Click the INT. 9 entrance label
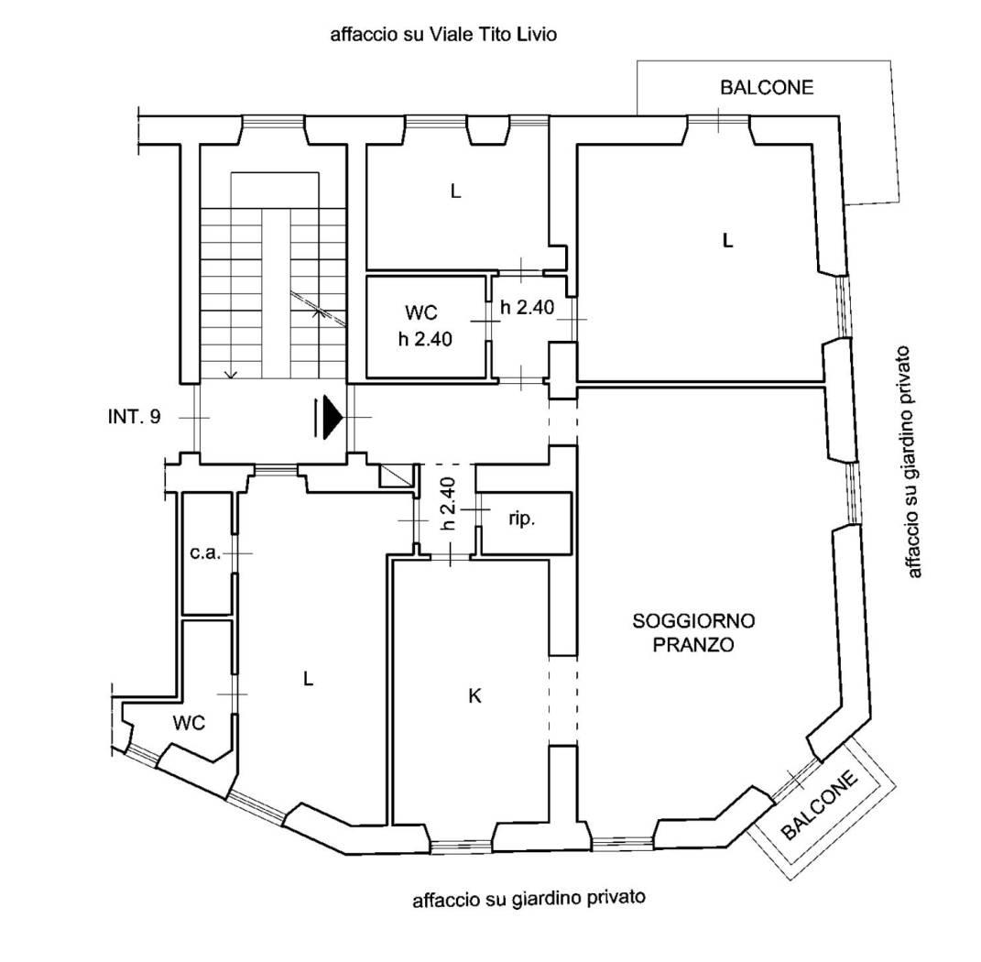[x=134, y=417]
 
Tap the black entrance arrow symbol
[x=330, y=418]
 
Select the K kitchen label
[x=474, y=696]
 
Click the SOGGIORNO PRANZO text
[x=694, y=632]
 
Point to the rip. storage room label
[x=521, y=519]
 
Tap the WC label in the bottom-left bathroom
[x=189, y=723]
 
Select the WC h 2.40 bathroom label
[x=427, y=326]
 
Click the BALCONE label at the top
[x=767, y=88]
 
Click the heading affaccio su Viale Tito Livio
[x=444, y=36]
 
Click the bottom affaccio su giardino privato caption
[x=529, y=898]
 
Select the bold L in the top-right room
[x=727, y=241]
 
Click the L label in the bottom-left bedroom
[x=309, y=679]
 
